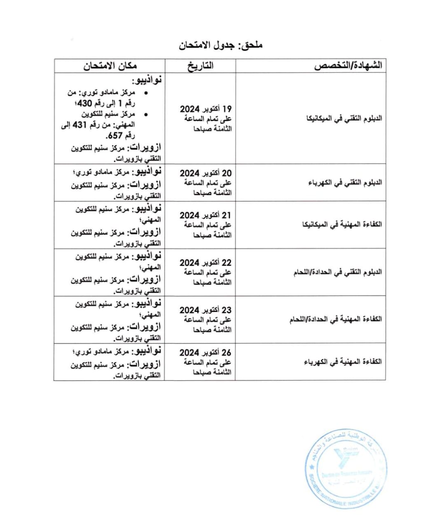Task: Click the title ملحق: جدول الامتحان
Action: click(221, 45)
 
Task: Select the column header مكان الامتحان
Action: click(110, 66)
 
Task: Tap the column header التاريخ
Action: click(201, 66)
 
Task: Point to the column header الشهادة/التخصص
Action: click(348, 66)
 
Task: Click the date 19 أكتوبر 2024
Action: click(206, 109)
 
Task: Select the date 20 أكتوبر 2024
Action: click(206, 173)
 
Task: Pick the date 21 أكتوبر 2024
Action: click(206, 215)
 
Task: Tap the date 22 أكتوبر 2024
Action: click(206, 263)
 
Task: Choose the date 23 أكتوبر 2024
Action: click(206, 310)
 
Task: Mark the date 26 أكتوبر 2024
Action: click(206, 353)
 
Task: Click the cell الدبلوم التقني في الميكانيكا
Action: click(344, 119)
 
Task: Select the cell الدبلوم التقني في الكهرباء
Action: click(345, 183)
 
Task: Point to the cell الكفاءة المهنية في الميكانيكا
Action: click(342, 225)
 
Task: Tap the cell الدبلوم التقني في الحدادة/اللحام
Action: click(338, 272)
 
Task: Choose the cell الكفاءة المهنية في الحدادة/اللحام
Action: click(335, 319)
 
